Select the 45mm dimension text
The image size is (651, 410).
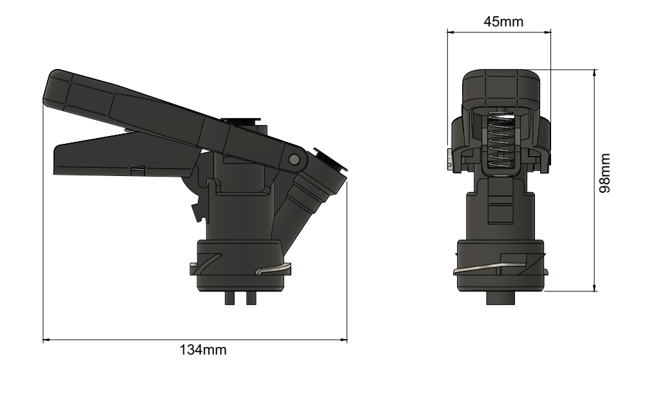(503, 21)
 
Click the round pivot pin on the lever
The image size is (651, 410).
(295, 159)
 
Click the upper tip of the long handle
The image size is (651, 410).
(54, 81)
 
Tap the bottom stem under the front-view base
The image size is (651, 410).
(501, 299)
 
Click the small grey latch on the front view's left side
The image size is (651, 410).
(449, 159)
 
